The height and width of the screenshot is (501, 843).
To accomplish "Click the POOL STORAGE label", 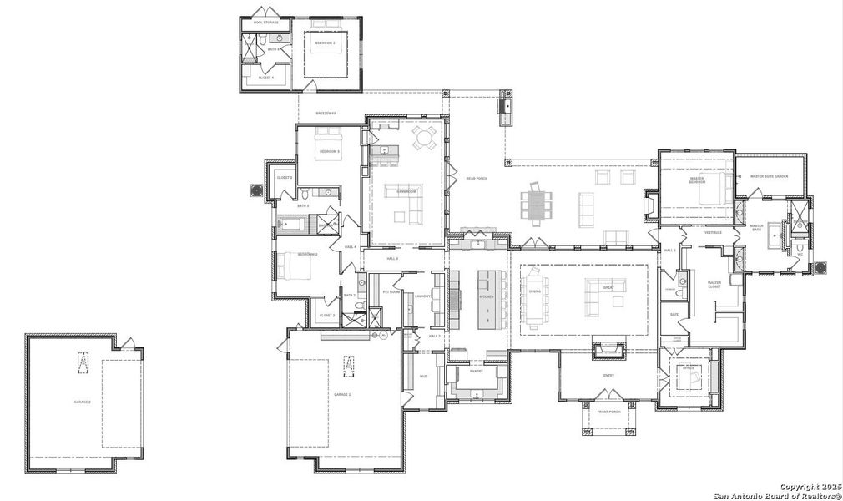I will (x=266, y=23).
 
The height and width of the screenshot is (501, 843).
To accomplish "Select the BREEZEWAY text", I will (x=325, y=112).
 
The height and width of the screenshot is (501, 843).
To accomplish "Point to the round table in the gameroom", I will (x=425, y=138).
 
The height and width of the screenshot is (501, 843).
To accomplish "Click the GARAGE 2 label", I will (x=82, y=402).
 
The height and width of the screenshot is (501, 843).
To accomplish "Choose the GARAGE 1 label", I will (x=342, y=393).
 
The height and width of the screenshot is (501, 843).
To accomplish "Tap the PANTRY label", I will (x=477, y=372).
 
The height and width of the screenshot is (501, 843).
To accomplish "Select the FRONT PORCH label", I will (x=608, y=412).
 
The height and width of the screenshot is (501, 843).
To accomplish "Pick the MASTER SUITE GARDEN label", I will (x=769, y=176).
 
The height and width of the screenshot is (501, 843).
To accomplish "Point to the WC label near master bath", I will (x=799, y=254).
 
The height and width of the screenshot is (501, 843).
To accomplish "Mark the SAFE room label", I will (x=674, y=315).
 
